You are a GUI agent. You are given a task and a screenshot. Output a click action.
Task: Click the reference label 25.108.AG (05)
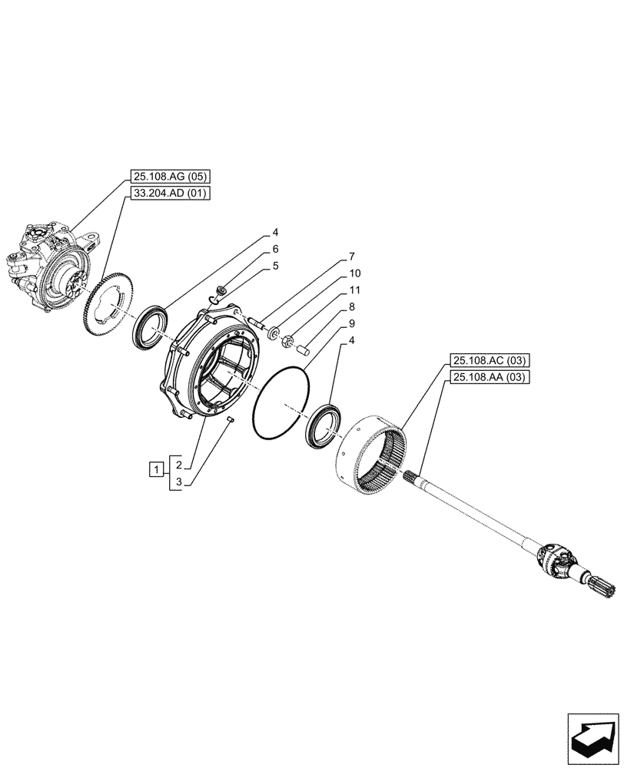(166, 176)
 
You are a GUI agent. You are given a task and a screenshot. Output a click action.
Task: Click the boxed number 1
(156, 468)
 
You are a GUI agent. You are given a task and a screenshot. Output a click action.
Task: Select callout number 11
(354, 290)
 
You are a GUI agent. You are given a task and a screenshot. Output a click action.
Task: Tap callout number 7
(351, 256)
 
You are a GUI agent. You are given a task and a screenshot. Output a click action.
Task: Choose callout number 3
(177, 482)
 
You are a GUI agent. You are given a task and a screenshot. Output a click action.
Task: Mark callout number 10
(354, 273)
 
